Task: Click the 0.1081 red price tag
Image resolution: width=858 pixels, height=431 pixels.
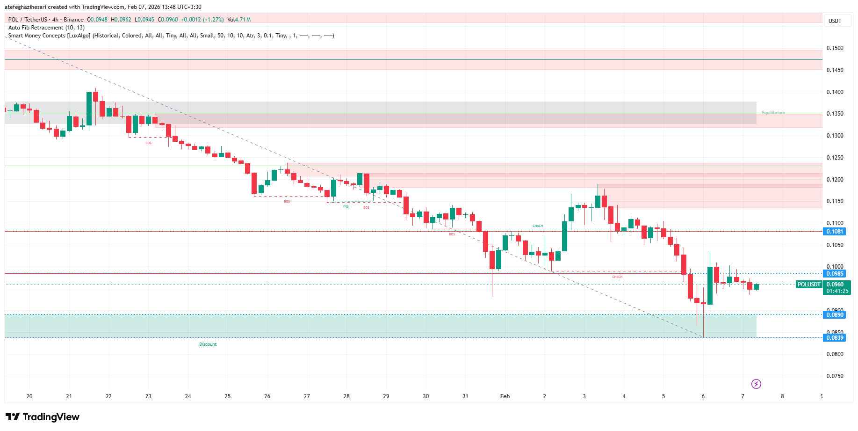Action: click(x=835, y=232)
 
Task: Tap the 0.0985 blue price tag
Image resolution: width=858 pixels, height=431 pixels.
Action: click(x=835, y=274)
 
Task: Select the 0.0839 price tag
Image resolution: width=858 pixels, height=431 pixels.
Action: click(x=835, y=338)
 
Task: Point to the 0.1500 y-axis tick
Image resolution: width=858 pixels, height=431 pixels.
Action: click(x=835, y=48)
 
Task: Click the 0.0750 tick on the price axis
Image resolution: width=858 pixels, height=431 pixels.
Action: click(x=835, y=376)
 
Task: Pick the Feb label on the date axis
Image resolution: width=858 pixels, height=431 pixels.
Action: click(x=505, y=396)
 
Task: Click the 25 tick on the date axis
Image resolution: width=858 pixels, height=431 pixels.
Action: click(x=228, y=396)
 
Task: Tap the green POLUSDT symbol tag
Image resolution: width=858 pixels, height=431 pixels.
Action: click(x=809, y=285)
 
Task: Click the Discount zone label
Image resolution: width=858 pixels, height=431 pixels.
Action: click(x=208, y=344)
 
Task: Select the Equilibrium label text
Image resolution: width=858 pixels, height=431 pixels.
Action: click(x=773, y=113)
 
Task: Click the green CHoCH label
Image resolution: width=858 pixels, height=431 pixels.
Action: click(x=538, y=226)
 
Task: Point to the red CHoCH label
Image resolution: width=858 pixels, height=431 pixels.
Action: click(x=617, y=277)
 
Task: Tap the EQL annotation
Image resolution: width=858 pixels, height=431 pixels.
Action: click(x=346, y=206)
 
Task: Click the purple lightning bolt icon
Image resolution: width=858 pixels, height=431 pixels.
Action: click(x=756, y=384)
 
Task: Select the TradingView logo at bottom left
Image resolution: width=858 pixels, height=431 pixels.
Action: click(x=43, y=417)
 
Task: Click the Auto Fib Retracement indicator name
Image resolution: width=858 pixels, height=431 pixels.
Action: click(x=46, y=28)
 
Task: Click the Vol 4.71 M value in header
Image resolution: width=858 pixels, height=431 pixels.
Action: click(x=239, y=20)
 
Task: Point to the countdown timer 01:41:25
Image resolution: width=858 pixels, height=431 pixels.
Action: click(x=837, y=291)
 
